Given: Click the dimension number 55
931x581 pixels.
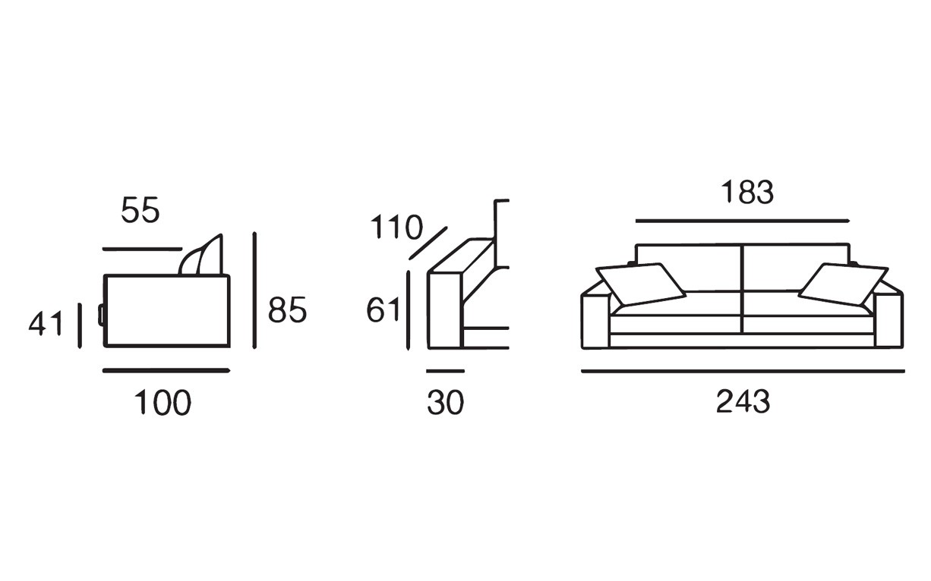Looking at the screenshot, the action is [140, 210].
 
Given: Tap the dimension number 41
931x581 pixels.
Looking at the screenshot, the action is [46, 323].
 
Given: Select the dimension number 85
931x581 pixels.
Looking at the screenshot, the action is [287, 309].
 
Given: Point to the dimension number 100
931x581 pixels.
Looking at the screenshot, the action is [163, 402].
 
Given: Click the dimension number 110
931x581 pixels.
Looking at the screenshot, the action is [396, 227].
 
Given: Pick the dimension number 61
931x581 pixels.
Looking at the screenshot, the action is [383, 309].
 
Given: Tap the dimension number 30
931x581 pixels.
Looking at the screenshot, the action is [445, 402].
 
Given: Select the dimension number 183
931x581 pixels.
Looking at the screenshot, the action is [747, 192].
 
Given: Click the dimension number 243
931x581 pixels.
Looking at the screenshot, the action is [743, 401].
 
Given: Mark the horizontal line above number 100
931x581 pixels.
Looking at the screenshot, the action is [166, 371].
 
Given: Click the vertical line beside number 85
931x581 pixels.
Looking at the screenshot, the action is [254, 290].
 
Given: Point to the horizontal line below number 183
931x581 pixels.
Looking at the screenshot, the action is [743, 221].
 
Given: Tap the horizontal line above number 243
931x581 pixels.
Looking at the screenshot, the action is [743, 372].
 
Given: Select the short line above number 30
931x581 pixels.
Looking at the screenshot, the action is [445, 371].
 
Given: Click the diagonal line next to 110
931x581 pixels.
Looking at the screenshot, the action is [428, 243].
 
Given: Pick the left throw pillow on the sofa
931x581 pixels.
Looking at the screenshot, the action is [640, 284].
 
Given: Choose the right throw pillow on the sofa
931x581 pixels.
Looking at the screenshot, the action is [843, 284].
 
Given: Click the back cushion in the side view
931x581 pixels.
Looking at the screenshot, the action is [201, 255].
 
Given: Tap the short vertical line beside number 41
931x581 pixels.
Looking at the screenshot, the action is [80, 326].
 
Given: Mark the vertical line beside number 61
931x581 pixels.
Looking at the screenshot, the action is [409, 310].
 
